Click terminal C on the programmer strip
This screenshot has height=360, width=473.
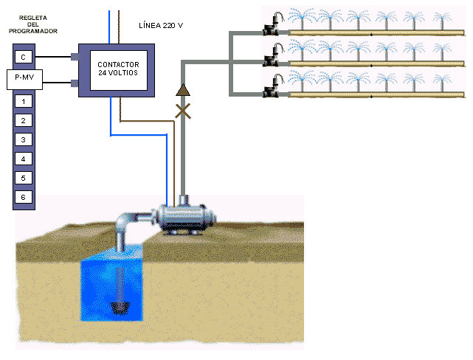pos(24,57)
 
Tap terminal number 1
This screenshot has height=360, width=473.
pos(24,101)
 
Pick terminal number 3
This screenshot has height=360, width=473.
pos(24,139)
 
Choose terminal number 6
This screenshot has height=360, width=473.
pos(24,197)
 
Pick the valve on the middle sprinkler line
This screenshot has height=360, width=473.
pos(270,61)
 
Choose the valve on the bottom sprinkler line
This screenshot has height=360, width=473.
pos(270,91)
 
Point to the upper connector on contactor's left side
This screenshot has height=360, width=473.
pos(75,56)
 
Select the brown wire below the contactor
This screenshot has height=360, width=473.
pos(148,120)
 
